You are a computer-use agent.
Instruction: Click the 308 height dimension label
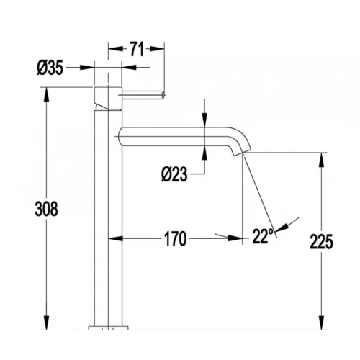click(46, 209)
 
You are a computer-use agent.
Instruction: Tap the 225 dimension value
click(321, 241)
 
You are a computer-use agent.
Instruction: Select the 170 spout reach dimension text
click(175, 239)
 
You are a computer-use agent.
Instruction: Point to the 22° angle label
click(263, 236)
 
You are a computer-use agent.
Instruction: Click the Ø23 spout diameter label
click(174, 174)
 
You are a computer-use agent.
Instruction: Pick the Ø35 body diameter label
click(50, 68)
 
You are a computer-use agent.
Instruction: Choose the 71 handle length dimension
click(137, 49)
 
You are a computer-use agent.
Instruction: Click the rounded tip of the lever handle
click(163, 94)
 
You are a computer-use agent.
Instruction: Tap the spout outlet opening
click(242, 154)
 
